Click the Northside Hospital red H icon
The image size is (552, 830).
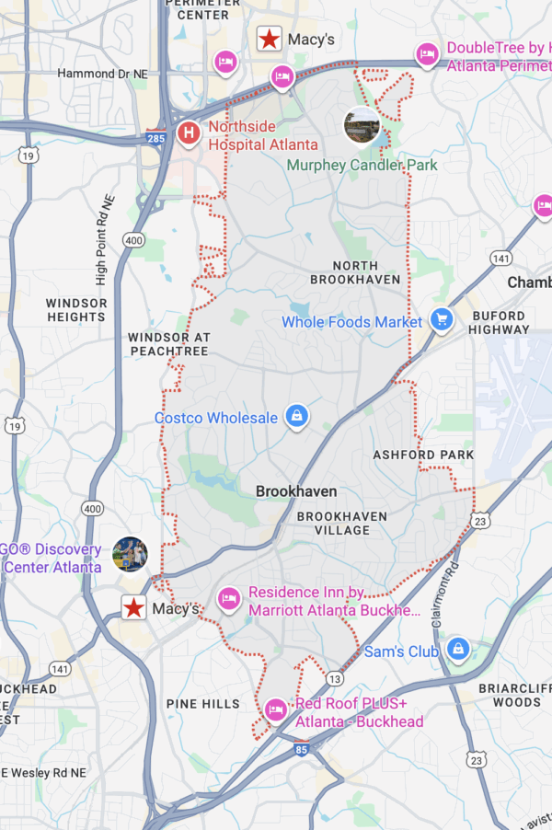coord(190,133)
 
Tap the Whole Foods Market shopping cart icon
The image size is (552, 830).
coord(443,320)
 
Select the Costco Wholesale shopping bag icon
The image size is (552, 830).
coord(296,417)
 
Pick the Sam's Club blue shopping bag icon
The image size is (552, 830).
coord(457,651)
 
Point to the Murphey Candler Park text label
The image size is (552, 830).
coord(362,166)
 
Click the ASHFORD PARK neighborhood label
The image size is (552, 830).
coord(423,455)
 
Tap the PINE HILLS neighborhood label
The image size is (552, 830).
coord(202,704)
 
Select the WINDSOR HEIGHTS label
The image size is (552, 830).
coord(76,310)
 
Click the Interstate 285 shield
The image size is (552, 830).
coord(155,138)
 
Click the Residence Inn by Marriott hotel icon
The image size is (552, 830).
coord(228,600)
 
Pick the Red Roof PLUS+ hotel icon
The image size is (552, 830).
coord(275,709)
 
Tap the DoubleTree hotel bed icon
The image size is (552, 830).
coord(426,55)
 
